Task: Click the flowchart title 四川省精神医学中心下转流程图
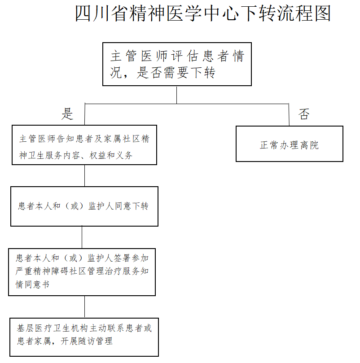tap(203, 13)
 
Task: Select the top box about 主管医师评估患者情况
tap(177, 64)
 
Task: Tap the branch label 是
tap(67, 114)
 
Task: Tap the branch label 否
tap(304, 114)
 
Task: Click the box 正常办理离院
tap(290, 144)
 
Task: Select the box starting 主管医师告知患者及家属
tap(84, 145)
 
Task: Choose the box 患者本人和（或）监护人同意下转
tap(84, 206)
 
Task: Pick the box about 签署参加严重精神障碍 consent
tap(82, 272)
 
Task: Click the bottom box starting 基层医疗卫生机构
tap(84, 337)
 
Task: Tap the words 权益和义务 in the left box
tap(111, 155)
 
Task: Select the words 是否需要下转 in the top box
tap(176, 72)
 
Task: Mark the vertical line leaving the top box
tap(177, 95)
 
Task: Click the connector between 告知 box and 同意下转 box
tap(84, 176)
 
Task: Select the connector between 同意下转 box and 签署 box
tap(82, 237)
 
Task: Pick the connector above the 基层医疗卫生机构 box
tap(84, 307)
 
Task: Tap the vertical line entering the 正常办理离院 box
tap(289, 114)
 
